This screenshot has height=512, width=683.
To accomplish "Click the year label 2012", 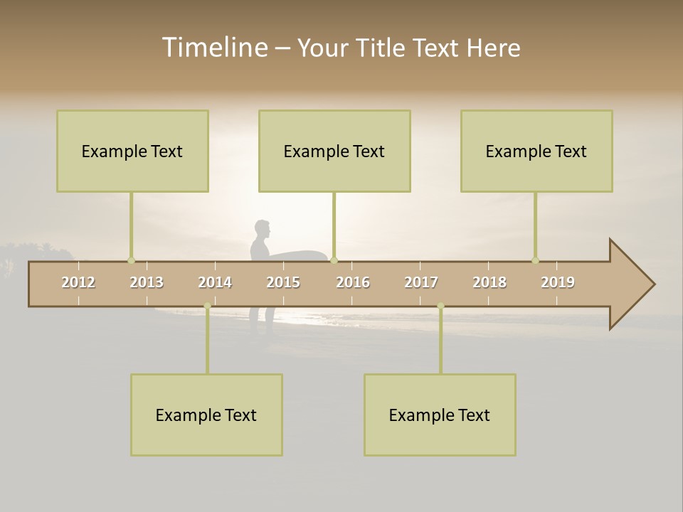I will coord(78,282).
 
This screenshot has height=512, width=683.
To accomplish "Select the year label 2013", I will coord(147,282).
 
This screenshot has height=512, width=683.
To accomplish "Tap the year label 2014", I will coord(215,282).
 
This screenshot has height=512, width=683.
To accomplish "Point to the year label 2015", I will coord(283,282).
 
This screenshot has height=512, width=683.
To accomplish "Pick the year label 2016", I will coord(353,282).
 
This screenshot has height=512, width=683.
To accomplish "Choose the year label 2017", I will coord(421,282).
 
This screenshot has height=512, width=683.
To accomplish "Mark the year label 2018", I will coord(489,282).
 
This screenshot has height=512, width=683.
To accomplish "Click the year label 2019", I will coord(558,282).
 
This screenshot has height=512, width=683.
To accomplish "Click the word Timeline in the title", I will coord(214,47).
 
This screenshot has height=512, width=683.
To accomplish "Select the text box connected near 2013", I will coord(132,151).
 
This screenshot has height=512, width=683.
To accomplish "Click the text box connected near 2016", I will coord(334,151).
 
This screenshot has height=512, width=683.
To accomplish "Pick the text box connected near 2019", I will coord(536,151).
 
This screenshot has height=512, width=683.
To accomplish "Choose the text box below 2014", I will coord(206,415).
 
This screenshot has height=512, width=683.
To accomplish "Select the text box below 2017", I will coord(440,415).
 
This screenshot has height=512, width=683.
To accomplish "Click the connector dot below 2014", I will coord(207,306).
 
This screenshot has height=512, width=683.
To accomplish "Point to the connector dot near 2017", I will coord(440,306).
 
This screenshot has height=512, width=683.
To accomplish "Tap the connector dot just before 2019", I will coord(535,260).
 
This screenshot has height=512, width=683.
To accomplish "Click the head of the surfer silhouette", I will coord(263,230).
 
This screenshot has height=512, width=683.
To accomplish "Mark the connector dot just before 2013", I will coord(131,260).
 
